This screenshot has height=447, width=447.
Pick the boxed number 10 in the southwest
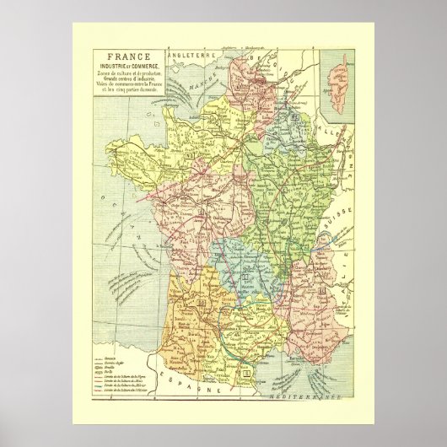tap(202, 302)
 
